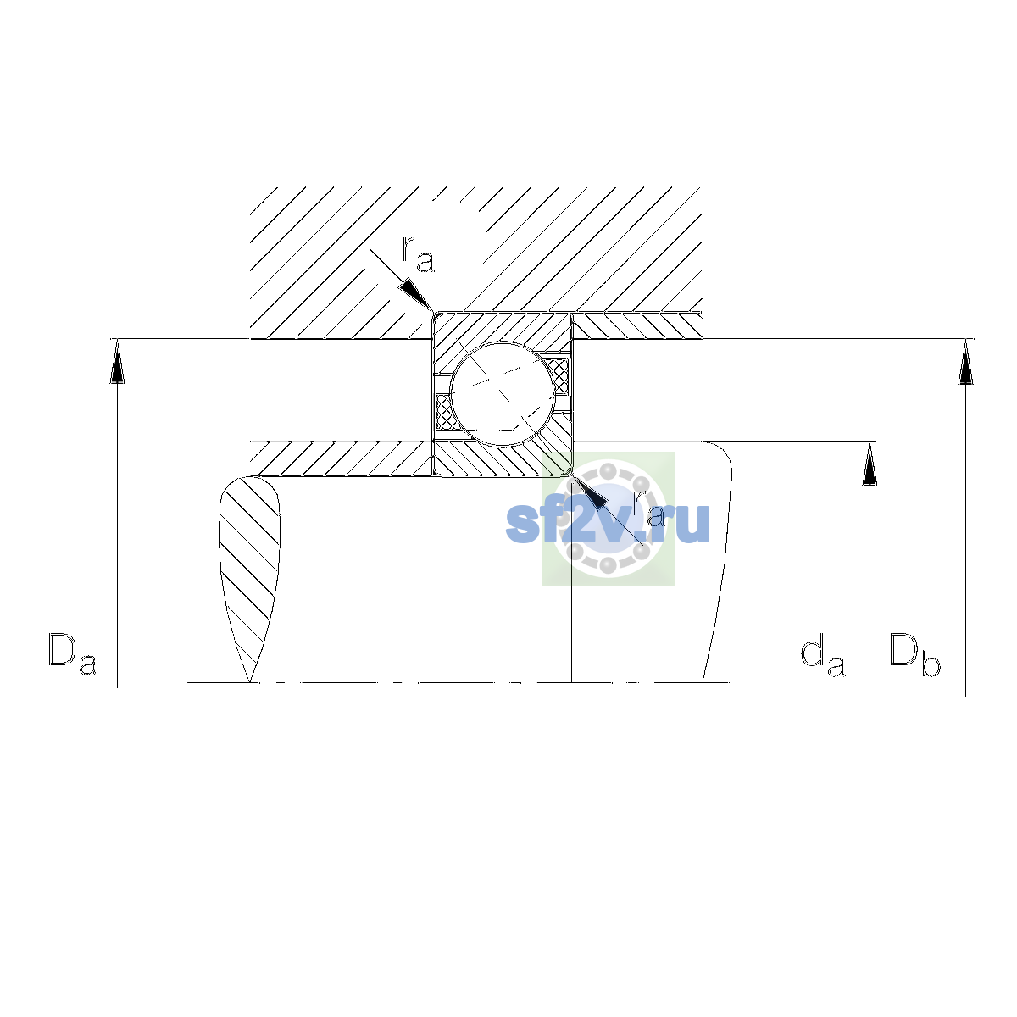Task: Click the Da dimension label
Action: [x=72, y=653]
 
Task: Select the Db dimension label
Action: [x=914, y=654]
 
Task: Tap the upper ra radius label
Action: [x=418, y=254]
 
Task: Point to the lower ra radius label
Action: [x=648, y=508]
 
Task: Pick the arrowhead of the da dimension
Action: [x=870, y=464]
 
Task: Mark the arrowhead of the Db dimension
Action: [x=965, y=362]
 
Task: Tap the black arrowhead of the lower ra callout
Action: [x=589, y=492]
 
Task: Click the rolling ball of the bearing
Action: [x=503, y=394]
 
